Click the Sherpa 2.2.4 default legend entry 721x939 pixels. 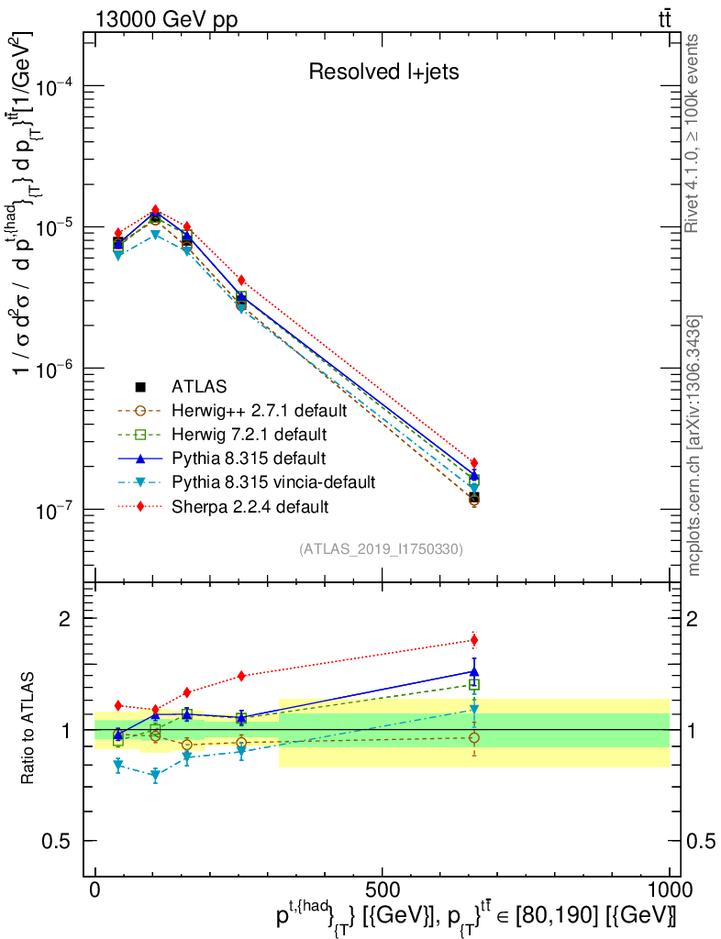250,505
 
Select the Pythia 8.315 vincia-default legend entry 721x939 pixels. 273,481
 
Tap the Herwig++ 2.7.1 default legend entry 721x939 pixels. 260,409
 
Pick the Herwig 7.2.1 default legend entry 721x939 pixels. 250,433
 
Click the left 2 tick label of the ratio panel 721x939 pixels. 64,618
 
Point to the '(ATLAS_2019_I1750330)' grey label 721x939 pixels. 381,549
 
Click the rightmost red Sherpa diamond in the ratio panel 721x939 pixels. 474,640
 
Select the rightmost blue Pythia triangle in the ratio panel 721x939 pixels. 474,671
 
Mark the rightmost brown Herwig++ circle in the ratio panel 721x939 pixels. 474,737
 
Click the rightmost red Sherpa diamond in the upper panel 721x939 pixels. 474,463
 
